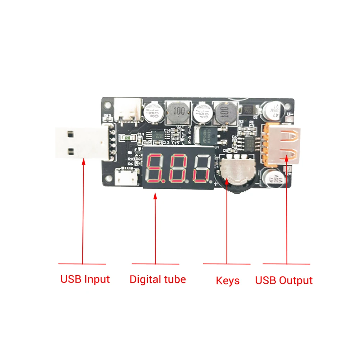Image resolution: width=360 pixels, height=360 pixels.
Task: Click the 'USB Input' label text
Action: (85, 279)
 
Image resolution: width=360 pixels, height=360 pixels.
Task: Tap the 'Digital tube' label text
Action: (158, 279)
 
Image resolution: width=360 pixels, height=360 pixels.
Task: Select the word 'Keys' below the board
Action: (228, 281)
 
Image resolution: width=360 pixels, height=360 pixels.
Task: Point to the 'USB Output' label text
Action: (284, 281)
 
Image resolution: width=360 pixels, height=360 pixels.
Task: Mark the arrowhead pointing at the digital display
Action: (155, 196)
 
